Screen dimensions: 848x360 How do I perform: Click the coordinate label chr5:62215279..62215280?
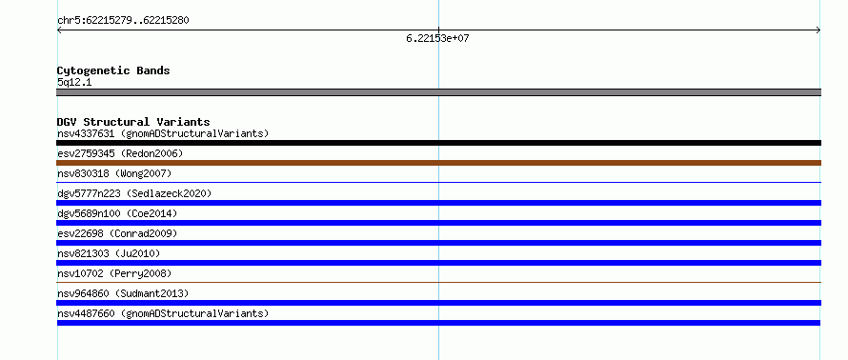pyautogui.click(x=123, y=21)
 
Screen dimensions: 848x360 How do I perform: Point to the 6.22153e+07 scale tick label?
pyautogui.click(x=437, y=39)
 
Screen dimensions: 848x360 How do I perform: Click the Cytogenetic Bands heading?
pyautogui.click(x=113, y=70)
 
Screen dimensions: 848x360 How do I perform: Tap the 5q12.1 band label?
pyautogui.click(x=74, y=83)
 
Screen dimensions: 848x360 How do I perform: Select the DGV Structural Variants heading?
pyautogui.click(x=133, y=122)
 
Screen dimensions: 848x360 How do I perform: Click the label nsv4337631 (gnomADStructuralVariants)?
pyautogui.click(x=163, y=133)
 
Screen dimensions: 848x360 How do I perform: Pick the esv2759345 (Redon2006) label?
pyautogui.click(x=120, y=153)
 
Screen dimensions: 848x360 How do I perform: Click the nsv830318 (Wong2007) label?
pyautogui.click(x=114, y=173)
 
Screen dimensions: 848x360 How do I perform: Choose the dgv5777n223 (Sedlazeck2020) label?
pyautogui.click(x=134, y=193)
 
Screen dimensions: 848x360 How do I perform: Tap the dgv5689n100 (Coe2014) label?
pyautogui.click(x=117, y=213)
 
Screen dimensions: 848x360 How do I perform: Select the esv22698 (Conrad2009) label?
pyautogui.click(x=117, y=233)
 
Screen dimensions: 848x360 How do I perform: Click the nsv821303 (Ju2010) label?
pyautogui.click(x=109, y=253)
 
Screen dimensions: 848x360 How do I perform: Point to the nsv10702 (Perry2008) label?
pyautogui.click(x=114, y=273)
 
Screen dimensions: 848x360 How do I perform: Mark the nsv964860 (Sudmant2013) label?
pyautogui.click(x=123, y=293)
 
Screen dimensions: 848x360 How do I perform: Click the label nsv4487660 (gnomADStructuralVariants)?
pyautogui.click(x=163, y=313)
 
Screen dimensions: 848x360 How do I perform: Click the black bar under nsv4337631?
pyautogui.click(x=438, y=143)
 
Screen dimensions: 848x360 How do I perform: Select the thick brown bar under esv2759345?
pyautogui.click(x=438, y=163)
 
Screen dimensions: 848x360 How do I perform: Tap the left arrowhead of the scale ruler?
pyautogui.click(x=59, y=30)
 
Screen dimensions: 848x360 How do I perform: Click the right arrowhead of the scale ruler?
pyautogui.click(x=818, y=30)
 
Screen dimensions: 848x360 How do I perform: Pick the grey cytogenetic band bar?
pyautogui.click(x=438, y=92)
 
